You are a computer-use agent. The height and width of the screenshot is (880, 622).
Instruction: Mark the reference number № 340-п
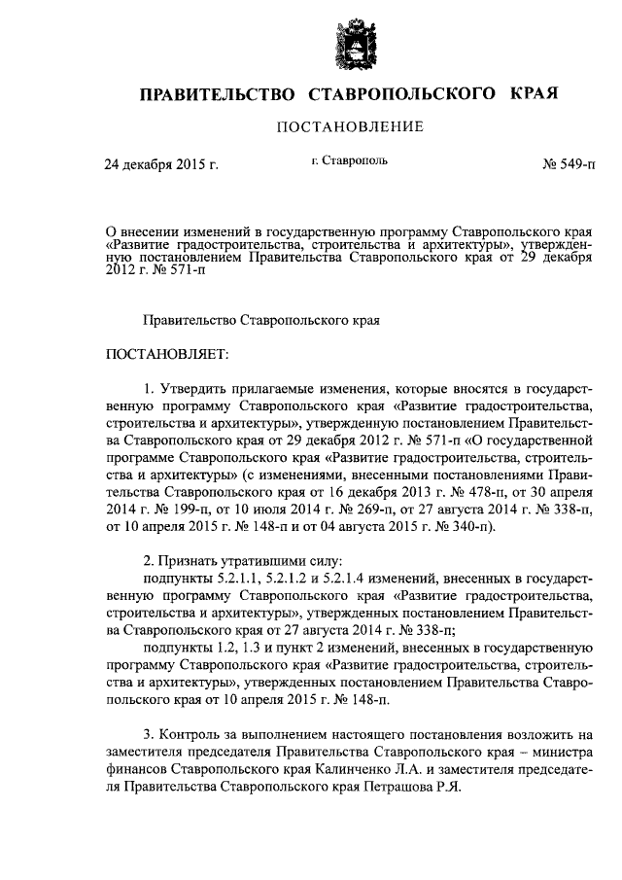458,527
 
